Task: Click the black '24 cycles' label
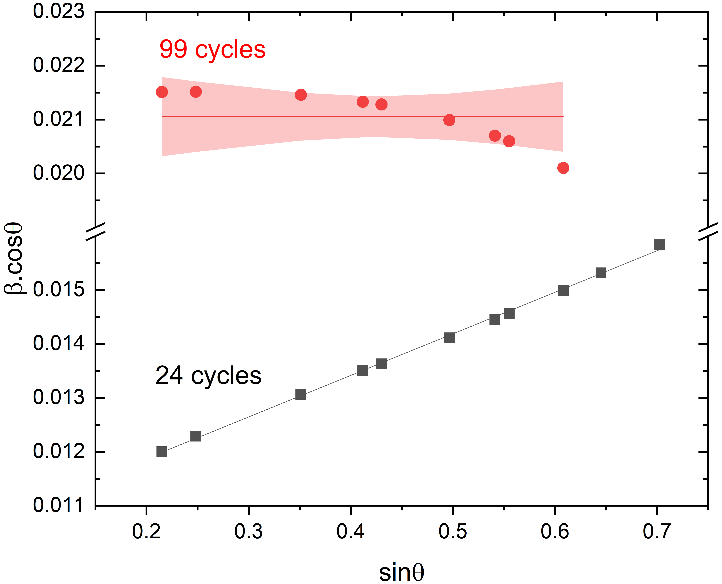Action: [x=208, y=376]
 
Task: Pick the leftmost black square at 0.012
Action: [x=162, y=452]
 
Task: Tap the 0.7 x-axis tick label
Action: [x=656, y=532]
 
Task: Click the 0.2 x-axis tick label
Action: [x=146, y=532]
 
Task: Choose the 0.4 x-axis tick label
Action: [x=351, y=532]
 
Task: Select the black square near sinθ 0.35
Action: [x=301, y=394]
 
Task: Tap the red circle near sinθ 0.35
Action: [x=301, y=95]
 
